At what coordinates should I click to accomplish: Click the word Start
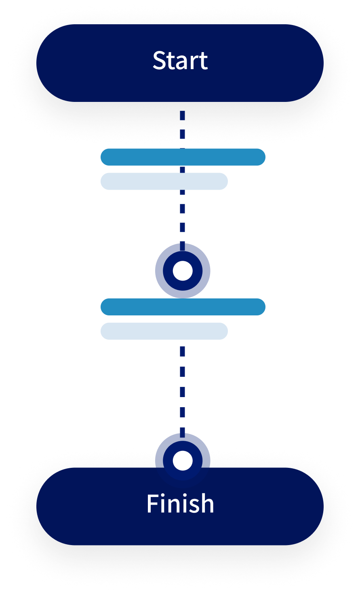pyautogui.click(x=180, y=61)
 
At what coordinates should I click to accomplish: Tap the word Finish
pyautogui.click(x=180, y=504)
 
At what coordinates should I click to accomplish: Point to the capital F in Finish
pyautogui.click(x=152, y=504)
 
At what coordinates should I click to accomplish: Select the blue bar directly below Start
pyautogui.click(x=183, y=157)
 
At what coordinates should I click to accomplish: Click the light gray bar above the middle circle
pyautogui.click(x=164, y=181)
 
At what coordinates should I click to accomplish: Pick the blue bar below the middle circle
pyautogui.click(x=183, y=307)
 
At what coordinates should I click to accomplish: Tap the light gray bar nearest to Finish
pyautogui.click(x=164, y=331)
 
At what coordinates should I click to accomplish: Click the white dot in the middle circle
pyautogui.click(x=183, y=271)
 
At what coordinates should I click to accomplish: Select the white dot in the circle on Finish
pyautogui.click(x=183, y=461)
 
